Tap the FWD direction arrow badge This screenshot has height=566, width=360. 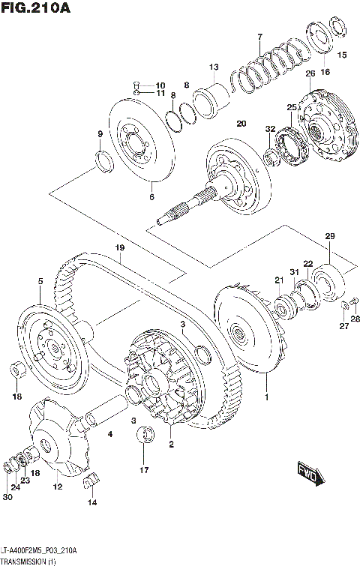point(309,473)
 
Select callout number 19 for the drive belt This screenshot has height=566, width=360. point(118,247)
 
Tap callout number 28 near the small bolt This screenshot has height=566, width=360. point(355,319)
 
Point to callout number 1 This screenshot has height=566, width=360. point(265,390)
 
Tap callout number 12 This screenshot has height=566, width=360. point(57,487)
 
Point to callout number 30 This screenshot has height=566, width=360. point(7,497)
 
